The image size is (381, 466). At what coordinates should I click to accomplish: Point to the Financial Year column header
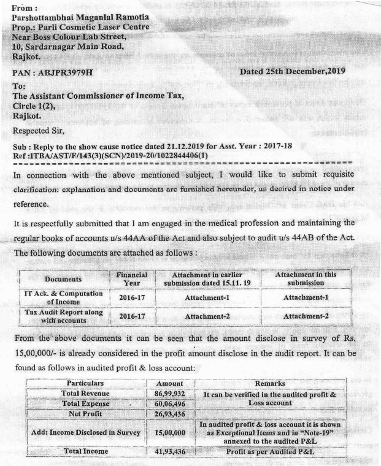[x=131, y=279]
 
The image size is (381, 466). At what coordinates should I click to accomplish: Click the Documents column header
[x=63, y=279]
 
